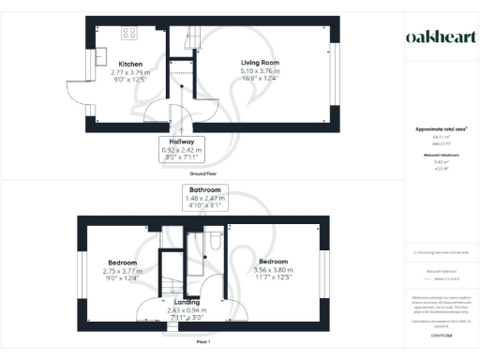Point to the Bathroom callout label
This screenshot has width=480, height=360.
(x=203, y=190)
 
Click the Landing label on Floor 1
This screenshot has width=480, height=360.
(x=187, y=303)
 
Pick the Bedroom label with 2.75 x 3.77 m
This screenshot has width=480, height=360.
(x=123, y=262)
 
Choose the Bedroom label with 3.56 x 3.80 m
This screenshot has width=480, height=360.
(x=273, y=261)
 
